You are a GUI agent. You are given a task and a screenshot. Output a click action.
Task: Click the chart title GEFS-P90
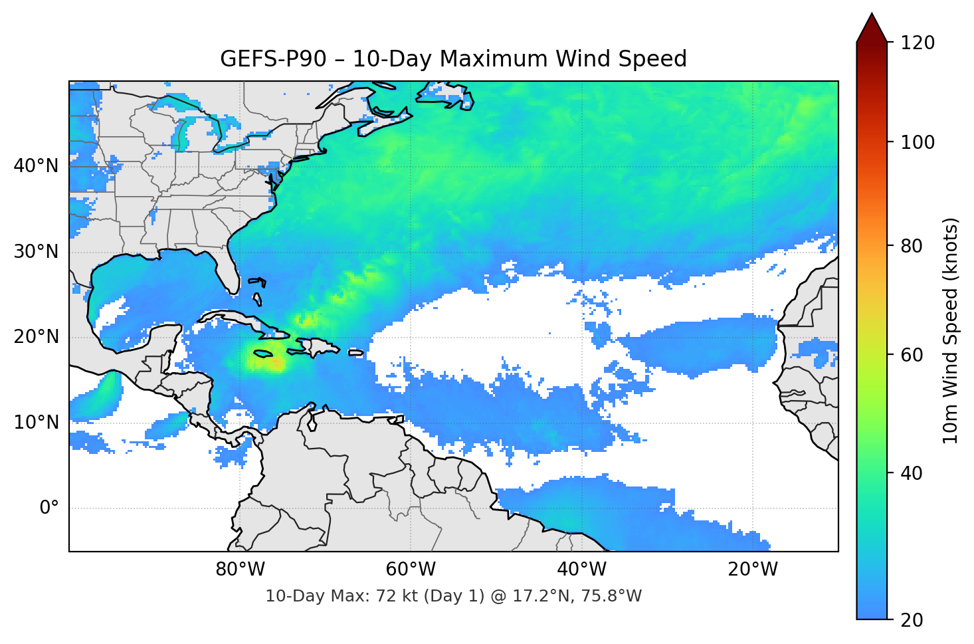tap(453, 59)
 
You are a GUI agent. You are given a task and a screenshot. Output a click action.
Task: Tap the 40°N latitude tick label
tap(36, 166)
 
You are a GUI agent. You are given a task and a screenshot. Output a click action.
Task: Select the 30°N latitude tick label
tap(36, 252)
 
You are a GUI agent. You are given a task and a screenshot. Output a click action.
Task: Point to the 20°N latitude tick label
tap(36, 337)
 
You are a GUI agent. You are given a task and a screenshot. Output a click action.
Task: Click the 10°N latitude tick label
tap(36, 423)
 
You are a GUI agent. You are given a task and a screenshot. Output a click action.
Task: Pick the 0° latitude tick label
tap(49, 508)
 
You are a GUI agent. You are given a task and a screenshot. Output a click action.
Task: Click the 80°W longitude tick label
tap(240, 570)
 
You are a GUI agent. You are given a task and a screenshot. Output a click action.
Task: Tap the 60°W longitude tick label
tap(411, 570)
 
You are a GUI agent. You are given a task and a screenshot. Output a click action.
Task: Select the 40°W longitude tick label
tap(581, 570)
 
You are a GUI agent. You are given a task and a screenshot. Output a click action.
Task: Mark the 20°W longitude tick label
tap(752, 570)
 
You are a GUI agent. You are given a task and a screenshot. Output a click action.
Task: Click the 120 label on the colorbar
tap(918, 43)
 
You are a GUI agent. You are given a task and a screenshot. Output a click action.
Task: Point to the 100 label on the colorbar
tap(918, 142)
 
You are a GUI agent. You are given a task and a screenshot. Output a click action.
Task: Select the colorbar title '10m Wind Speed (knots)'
tap(951, 330)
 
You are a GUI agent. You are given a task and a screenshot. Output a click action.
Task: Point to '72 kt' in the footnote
tap(395, 596)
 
